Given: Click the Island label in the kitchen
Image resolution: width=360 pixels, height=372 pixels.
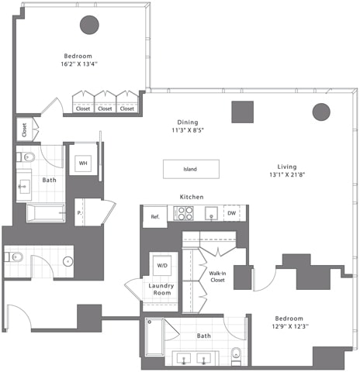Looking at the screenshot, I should (x=190, y=169).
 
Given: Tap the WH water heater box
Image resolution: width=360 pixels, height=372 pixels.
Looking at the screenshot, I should (x=83, y=164).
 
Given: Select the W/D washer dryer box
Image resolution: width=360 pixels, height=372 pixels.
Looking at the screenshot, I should (x=162, y=265).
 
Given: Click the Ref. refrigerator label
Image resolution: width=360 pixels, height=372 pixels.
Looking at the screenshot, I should (x=154, y=216).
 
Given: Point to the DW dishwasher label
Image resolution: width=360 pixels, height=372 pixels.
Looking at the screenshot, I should (x=231, y=212).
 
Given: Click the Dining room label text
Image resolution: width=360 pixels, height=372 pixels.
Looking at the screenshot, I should (x=187, y=122).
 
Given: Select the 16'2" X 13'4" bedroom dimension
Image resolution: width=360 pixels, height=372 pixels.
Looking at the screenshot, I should (x=78, y=66).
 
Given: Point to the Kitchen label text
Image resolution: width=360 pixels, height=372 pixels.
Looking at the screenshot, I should (x=192, y=197).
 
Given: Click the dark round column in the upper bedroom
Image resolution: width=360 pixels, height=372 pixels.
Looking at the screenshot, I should (x=90, y=26).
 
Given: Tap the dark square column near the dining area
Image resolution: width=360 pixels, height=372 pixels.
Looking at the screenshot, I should (x=243, y=112).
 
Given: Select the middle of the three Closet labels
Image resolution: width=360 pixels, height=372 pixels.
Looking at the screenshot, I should (x=106, y=109).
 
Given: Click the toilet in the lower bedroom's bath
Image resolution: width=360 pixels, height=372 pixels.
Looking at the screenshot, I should (x=237, y=356).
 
